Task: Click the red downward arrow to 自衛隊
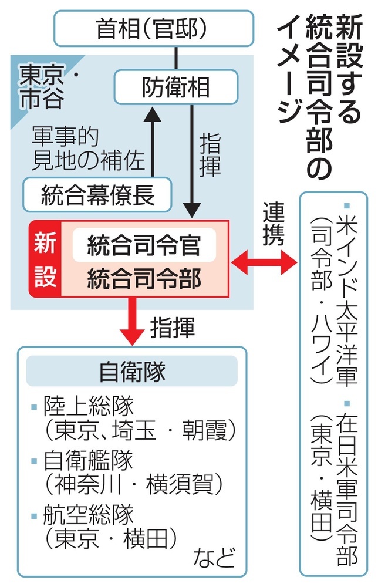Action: pyautogui.click(x=134, y=321)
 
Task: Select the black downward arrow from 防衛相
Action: pyautogui.click(x=191, y=158)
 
